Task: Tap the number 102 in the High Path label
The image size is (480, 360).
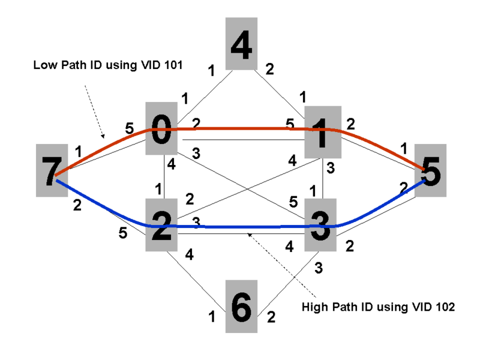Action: click(x=443, y=307)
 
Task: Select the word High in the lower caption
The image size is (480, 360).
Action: click(x=316, y=307)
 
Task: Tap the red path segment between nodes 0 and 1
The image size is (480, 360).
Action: click(x=240, y=128)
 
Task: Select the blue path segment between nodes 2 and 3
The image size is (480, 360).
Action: click(x=240, y=227)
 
